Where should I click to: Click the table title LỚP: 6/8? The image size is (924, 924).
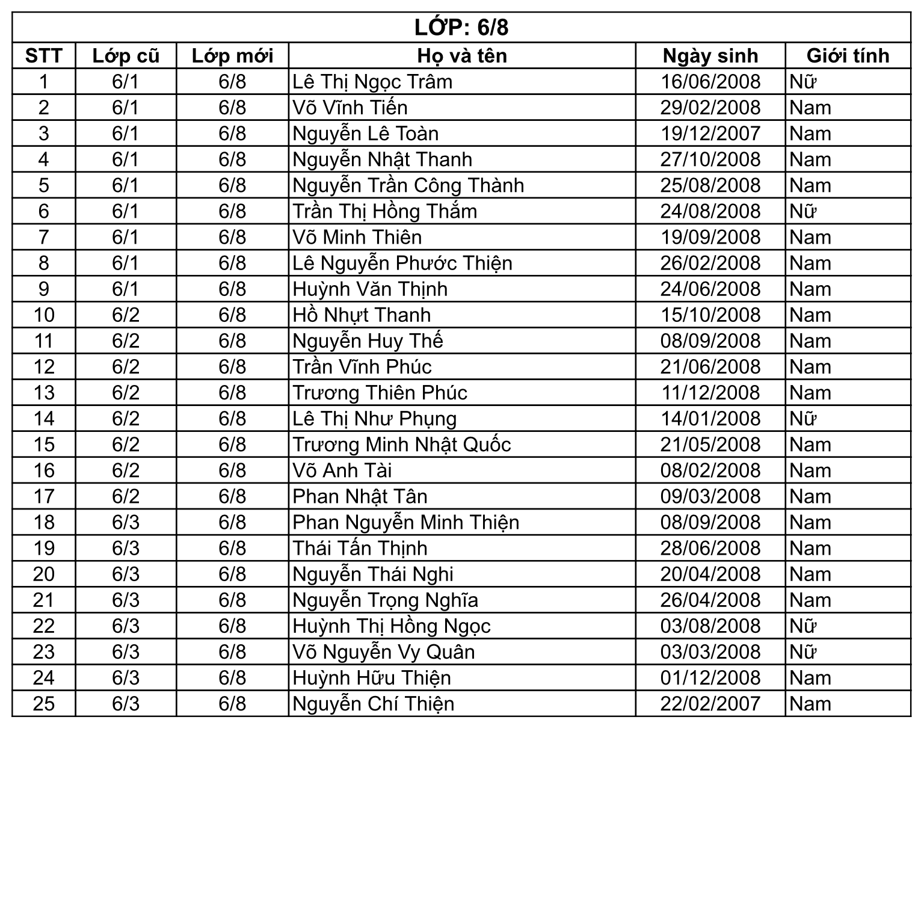(461, 28)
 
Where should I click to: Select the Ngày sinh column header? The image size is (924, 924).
(710, 56)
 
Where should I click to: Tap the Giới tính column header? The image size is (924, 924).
(847, 56)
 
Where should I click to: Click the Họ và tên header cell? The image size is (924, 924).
(461, 56)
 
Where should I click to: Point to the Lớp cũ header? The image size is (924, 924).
(125, 56)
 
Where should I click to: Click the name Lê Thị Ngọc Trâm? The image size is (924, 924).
(372, 82)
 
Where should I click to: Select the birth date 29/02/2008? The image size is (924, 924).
(710, 108)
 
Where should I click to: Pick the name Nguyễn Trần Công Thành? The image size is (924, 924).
(408, 185)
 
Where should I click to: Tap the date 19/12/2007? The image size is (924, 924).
(710, 134)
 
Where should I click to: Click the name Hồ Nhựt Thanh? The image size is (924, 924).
(362, 315)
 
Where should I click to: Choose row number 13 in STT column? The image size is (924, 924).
(44, 393)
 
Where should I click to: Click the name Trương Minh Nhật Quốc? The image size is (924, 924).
(401, 445)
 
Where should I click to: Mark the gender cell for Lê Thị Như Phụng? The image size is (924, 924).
(803, 419)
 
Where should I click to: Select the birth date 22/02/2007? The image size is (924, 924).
(710, 704)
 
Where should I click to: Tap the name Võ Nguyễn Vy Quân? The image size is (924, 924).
(383, 652)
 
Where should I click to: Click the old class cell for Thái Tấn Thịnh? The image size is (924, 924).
(125, 548)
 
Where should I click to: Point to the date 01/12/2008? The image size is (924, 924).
(710, 678)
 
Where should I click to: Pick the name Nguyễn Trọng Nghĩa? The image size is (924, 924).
(385, 600)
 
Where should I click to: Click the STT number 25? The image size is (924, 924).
(44, 704)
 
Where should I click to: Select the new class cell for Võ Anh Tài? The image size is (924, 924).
(232, 470)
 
